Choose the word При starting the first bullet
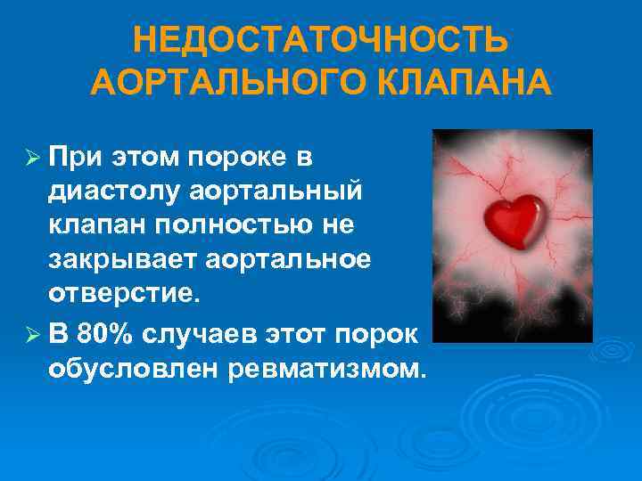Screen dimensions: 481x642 point(78,159)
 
